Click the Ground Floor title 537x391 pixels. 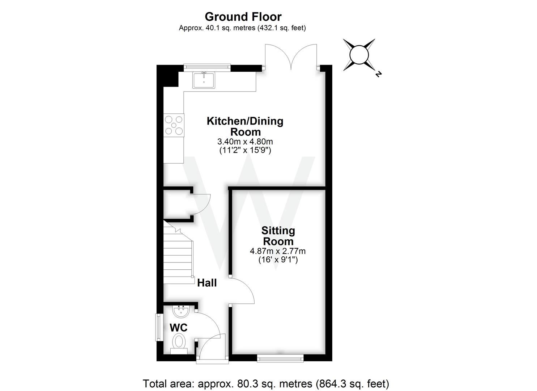(x=243, y=17)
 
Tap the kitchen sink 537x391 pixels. (x=204, y=80)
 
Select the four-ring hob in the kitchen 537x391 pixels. (x=174, y=125)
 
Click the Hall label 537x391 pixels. (x=207, y=283)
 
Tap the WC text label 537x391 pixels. (x=179, y=328)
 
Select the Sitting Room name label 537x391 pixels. (x=278, y=236)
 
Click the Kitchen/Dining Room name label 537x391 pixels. (x=245, y=126)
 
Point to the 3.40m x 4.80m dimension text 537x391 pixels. (x=245, y=141)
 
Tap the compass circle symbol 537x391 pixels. (x=359, y=55)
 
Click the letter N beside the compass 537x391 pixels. (x=378, y=74)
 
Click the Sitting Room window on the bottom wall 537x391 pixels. (x=280, y=358)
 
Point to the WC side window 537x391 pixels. (x=158, y=327)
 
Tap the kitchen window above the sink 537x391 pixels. (x=207, y=66)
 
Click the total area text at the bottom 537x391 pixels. (x=266, y=383)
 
